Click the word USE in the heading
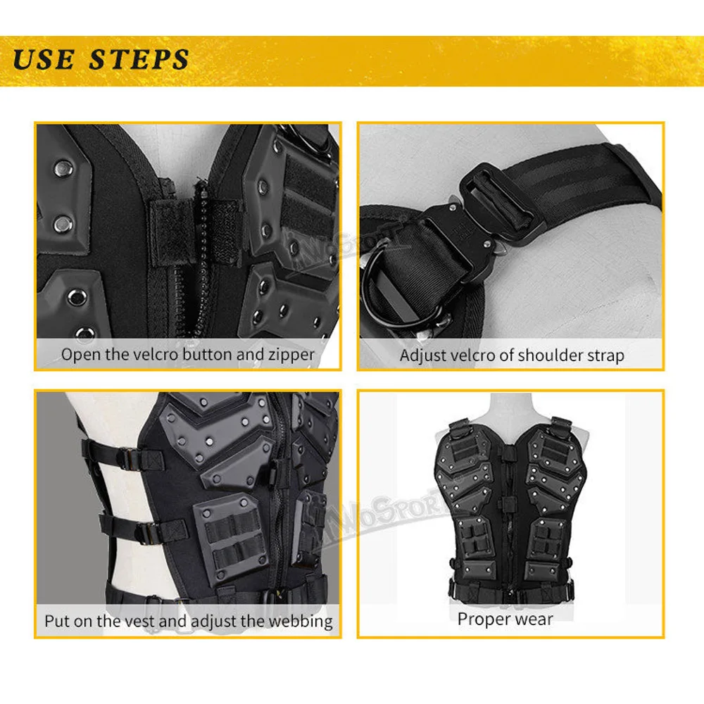point(44,59)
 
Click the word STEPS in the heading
point(139,59)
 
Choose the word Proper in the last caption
point(484,620)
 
